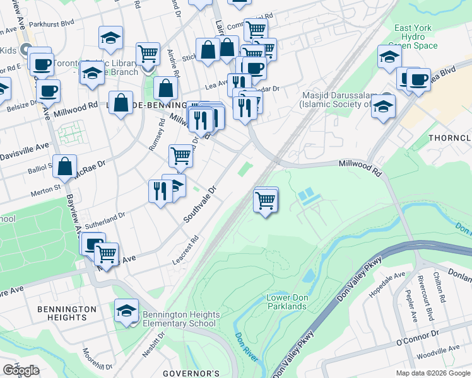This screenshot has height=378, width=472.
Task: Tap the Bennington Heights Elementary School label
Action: point(180,319)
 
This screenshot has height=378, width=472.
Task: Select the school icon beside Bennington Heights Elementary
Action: point(127,310)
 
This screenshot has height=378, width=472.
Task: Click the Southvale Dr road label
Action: point(201,203)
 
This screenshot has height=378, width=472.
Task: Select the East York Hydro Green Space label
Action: point(415,37)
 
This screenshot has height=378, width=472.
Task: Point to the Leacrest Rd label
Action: point(186,250)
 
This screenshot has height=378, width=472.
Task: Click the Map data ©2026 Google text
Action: point(433,373)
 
